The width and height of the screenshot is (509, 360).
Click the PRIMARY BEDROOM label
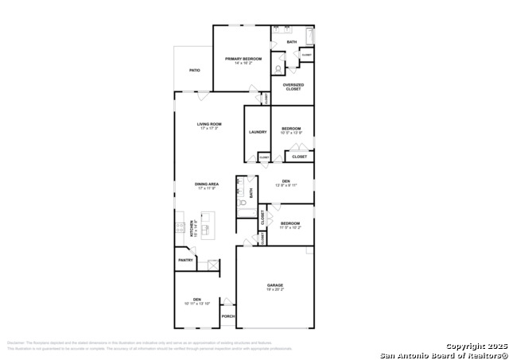pos(243,59)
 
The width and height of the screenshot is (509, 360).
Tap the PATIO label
pos(194,70)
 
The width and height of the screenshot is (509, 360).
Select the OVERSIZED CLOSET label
pos(293,87)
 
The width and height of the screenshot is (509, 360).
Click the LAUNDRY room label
pos(257,132)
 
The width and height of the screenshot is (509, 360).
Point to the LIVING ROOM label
pos(209,124)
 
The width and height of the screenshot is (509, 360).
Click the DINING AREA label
pos(207,184)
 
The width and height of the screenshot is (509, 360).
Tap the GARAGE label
pos(274,285)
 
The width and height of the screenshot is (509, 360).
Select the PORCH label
pos(227,315)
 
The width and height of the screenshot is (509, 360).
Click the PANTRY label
pos(185,260)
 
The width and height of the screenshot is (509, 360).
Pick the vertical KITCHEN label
pos(191,228)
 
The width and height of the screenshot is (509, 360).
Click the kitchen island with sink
pos(208,226)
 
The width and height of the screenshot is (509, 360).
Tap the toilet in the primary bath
pos(279,68)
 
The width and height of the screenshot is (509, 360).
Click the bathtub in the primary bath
pos(309,37)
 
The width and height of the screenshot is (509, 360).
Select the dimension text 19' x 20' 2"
pos(274,290)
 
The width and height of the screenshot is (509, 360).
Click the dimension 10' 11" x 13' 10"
pos(196,304)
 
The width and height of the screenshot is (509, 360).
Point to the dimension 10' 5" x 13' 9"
pos(291,133)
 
